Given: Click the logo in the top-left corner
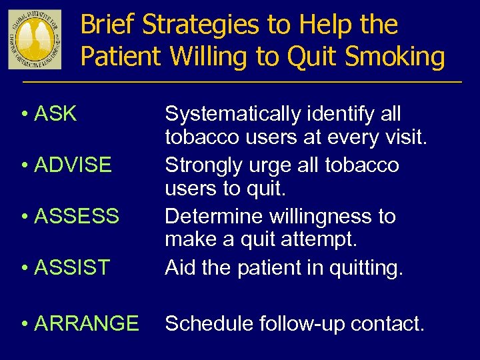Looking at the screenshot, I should (x=35, y=39).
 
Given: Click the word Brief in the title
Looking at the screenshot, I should (x=108, y=25).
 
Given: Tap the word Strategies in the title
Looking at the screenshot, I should (x=203, y=25).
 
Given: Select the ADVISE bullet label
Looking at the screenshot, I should (x=72, y=165).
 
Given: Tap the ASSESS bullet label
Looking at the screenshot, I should (x=76, y=216).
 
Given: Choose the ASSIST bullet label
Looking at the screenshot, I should (x=71, y=267).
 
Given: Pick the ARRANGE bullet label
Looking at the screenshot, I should (x=86, y=323).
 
